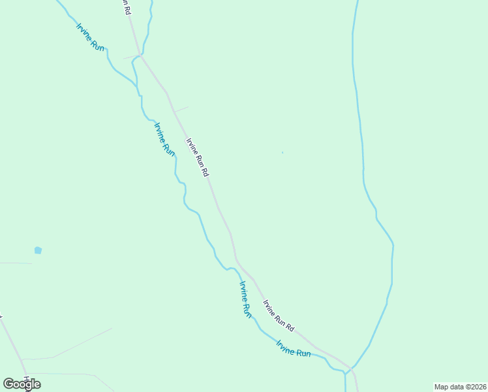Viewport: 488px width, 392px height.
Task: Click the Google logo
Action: (x=22, y=384)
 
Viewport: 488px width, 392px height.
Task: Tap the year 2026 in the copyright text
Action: (x=478, y=387)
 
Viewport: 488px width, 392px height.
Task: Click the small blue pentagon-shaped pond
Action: (x=38, y=250)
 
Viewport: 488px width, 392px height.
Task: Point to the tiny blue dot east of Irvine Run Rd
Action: (x=282, y=153)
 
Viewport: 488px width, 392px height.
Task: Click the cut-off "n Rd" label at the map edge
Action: (x=125, y=7)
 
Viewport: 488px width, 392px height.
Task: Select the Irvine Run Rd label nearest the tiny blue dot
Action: (x=197, y=157)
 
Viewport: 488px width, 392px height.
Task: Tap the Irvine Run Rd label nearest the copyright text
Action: (x=279, y=315)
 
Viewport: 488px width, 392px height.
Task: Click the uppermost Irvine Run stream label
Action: (x=90, y=37)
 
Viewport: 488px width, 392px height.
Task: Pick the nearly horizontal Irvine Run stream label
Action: (x=293, y=348)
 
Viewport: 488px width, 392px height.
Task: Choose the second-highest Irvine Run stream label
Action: (x=164, y=139)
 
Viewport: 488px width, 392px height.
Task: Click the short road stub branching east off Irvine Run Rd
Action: (x=181, y=109)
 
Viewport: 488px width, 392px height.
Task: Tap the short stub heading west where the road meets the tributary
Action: (x=129, y=57)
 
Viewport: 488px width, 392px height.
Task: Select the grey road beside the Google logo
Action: (x=13, y=340)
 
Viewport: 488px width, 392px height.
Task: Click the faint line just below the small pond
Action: (x=16, y=263)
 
